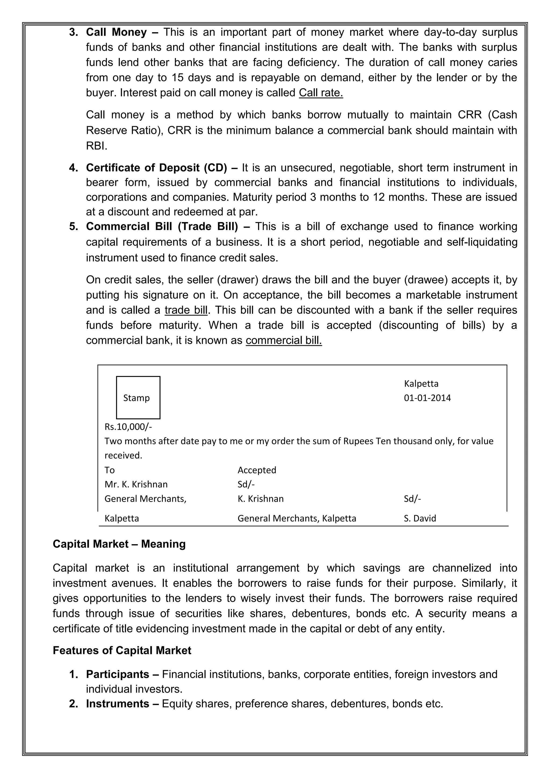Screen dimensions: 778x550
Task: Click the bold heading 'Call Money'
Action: pyautogui.click(x=116, y=32)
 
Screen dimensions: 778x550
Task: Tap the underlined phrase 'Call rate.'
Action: pyautogui.click(x=321, y=93)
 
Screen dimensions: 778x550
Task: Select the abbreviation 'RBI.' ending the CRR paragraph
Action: pyautogui.click(x=97, y=146)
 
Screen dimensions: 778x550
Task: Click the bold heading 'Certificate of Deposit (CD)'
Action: pyautogui.click(x=156, y=168)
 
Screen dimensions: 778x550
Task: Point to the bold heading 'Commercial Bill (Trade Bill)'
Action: pyautogui.click(x=162, y=226)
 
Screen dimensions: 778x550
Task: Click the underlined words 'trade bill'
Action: pyautogui.click(x=186, y=310)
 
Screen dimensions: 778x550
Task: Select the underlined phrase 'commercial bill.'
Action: pyautogui.click(x=284, y=340)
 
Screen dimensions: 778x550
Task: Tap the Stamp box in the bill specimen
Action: pyautogui.click(x=138, y=398)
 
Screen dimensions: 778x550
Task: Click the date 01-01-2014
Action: pyautogui.click(x=427, y=398)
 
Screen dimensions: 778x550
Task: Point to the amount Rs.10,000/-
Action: pyautogui.click(x=128, y=427)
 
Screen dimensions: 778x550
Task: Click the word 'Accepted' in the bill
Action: pyautogui.click(x=256, y=470)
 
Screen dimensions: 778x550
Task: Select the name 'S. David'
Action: pyautogui.click(x=419, y=518)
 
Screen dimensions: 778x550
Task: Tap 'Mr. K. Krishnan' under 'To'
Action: pyautogui.click(x=136, y=484)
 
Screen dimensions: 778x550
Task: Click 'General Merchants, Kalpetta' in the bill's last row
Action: pyautogui.click(x=296, y=518)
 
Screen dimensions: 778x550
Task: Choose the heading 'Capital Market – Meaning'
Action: pyautogui.click(x=119, y=544)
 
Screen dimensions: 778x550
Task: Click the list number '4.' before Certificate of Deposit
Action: pyautogui.click(x=74, y=168)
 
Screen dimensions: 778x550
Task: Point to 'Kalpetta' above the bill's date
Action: pyautogui.click(x=421, y=384)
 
